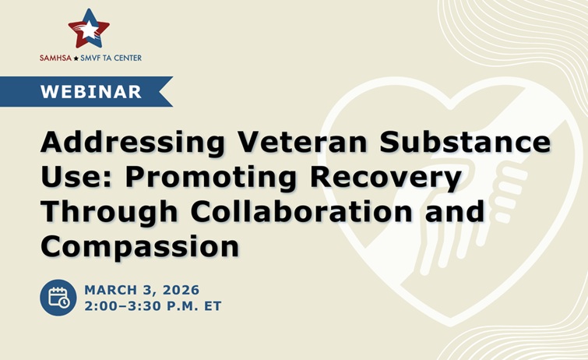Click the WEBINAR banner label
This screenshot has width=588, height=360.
(x=91, y=91)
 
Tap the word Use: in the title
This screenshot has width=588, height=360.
(x=76, y=178)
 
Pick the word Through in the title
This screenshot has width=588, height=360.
(x=105, y=211)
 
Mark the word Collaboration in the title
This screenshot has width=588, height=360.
(x=299, y=211)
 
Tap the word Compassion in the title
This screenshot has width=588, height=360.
(x=139, y=245)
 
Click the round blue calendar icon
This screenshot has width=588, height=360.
(x=58, y=298)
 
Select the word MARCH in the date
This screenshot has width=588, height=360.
(x=109, y=289)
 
